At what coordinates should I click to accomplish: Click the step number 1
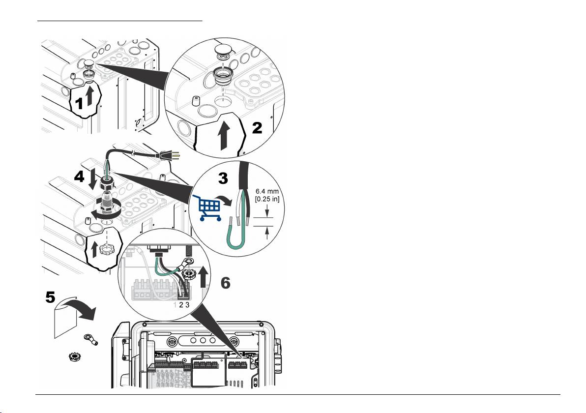click(x=79, y=103)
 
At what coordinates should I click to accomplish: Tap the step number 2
click(x=257, y=128)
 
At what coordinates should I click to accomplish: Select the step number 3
click(x=223, y=178)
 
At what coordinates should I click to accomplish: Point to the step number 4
click(x=79, y=177)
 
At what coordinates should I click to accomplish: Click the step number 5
click(x=51, y=297)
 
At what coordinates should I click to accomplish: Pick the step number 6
click(x=225, y=283)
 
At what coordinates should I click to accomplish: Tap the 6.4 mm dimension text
click(x=267, y=191)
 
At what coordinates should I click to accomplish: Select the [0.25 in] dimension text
click(x=267, y=199)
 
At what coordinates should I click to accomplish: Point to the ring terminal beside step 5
click(x=91, y=339)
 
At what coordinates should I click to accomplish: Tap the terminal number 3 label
click(x=187, y=305)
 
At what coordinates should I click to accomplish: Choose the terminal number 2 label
click(x=181, y=305)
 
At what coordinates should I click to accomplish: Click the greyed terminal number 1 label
click(x=175, y=305)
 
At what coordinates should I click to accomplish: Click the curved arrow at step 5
click(x=80, y=306)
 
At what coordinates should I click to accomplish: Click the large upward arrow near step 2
click(x=224, y=136)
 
